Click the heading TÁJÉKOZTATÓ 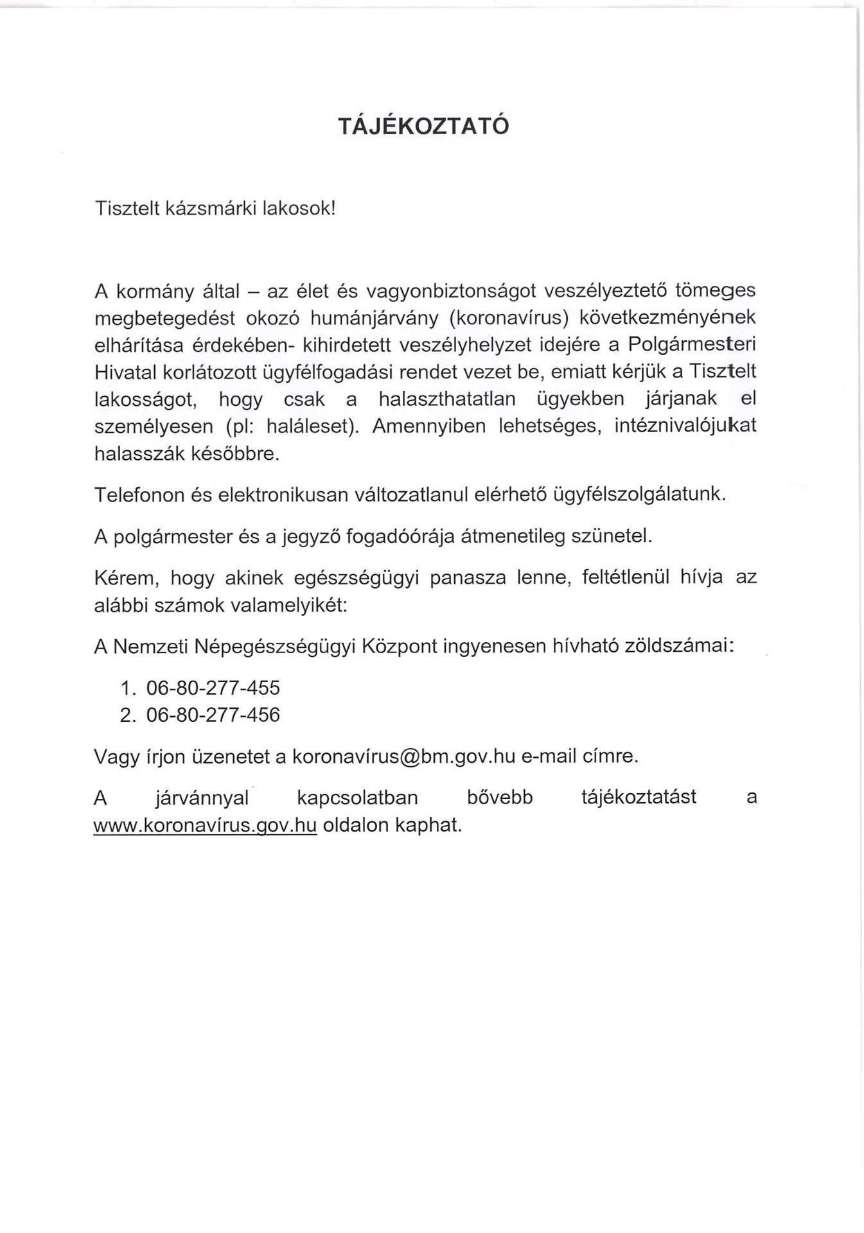[423, 126]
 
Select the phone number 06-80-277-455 [213, 688]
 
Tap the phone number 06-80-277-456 [213, 715]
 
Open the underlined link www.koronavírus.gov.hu [205, 825]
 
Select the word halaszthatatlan [447, 399]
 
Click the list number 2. [127, 715]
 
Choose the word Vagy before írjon [116, 756]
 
